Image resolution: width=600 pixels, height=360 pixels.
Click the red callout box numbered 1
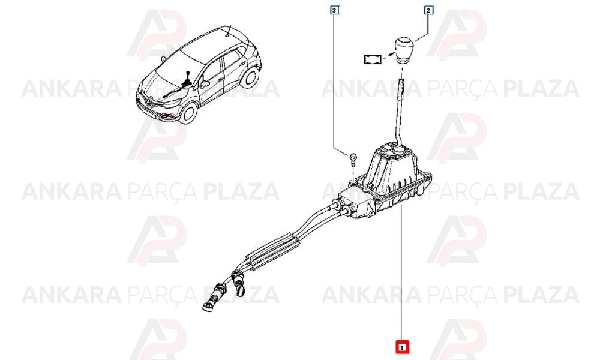tap(402, 347)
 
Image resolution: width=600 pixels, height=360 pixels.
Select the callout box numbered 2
tap(428, 11)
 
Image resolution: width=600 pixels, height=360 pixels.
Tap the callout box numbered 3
tap(334, 10)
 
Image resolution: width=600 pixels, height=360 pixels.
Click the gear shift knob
tap(403, 49)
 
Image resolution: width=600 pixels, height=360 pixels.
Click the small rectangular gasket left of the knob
tap(373, 59)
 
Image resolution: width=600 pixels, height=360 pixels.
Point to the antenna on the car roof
tap(229, 31)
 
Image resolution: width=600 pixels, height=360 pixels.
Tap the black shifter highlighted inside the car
tap(188, 80)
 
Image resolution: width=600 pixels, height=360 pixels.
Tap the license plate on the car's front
tap(148, 110)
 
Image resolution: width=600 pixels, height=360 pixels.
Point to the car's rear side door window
tap(231, 61)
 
